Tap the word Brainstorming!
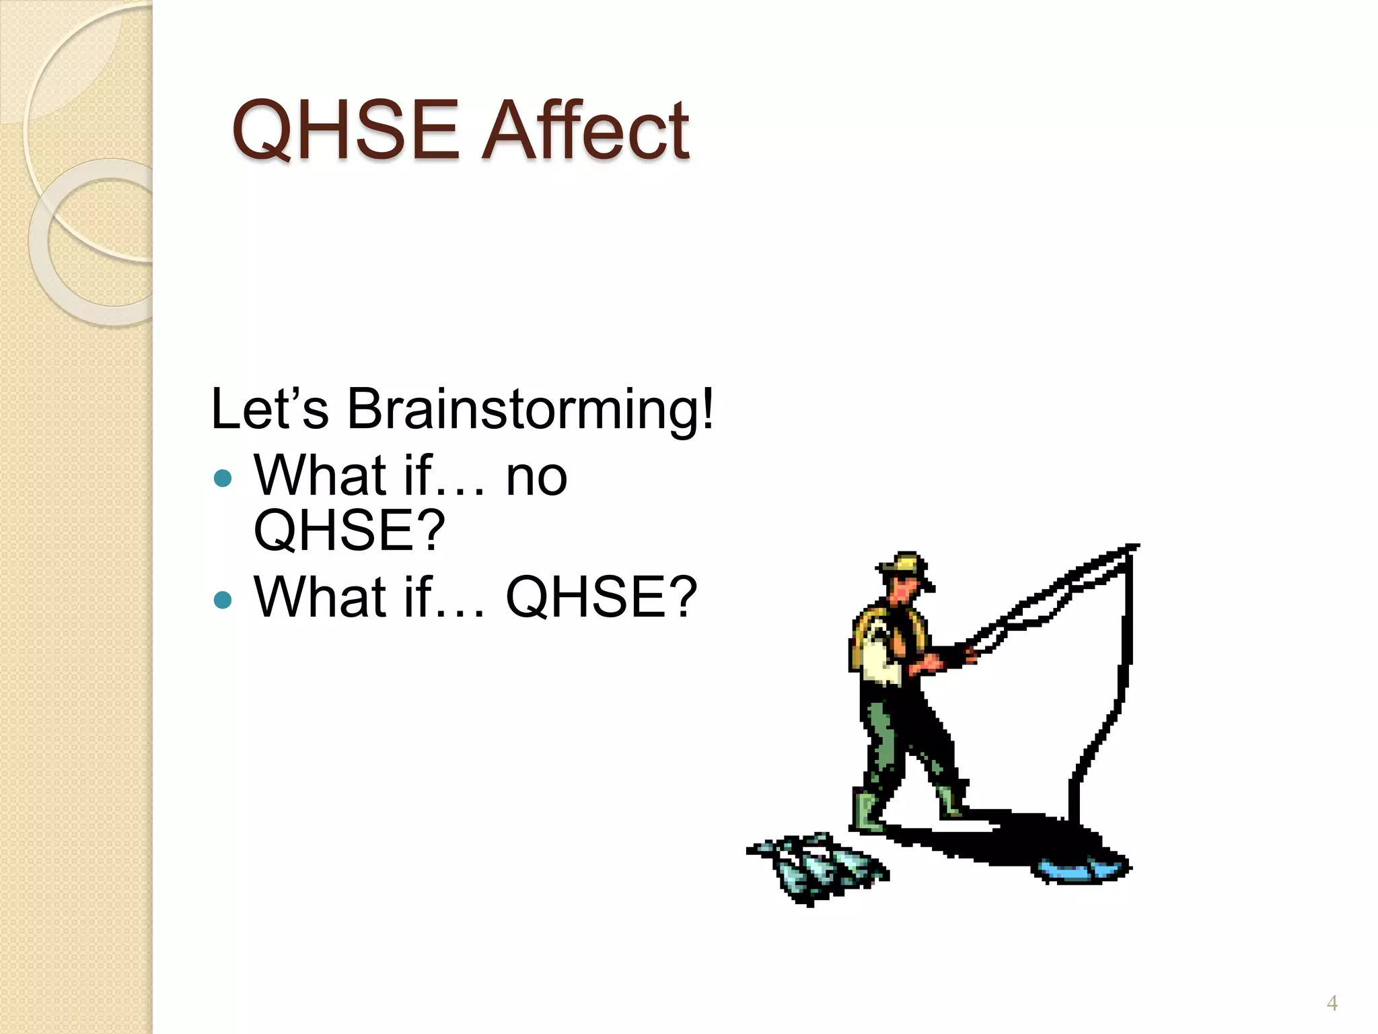pyautogui.click(x=530, y=409)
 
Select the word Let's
pyautogui.click(x=270, y=409)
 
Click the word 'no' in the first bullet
pyautogui.click(x=536, y=476)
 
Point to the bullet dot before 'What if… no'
pyautogui.click(x=222, y=479)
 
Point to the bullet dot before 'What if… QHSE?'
pyautogui.click(x=222, y=598)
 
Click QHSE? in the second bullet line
pyautogui.click(x=601, y=597)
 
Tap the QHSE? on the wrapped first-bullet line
pyautogui.click(x=349, y=530)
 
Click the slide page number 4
pyautogui.click(x=1332, y=1004)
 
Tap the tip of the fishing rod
pyautogui.click(x=1133, y=547)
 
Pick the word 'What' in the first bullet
pyautogui.click(x=320, y=476)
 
